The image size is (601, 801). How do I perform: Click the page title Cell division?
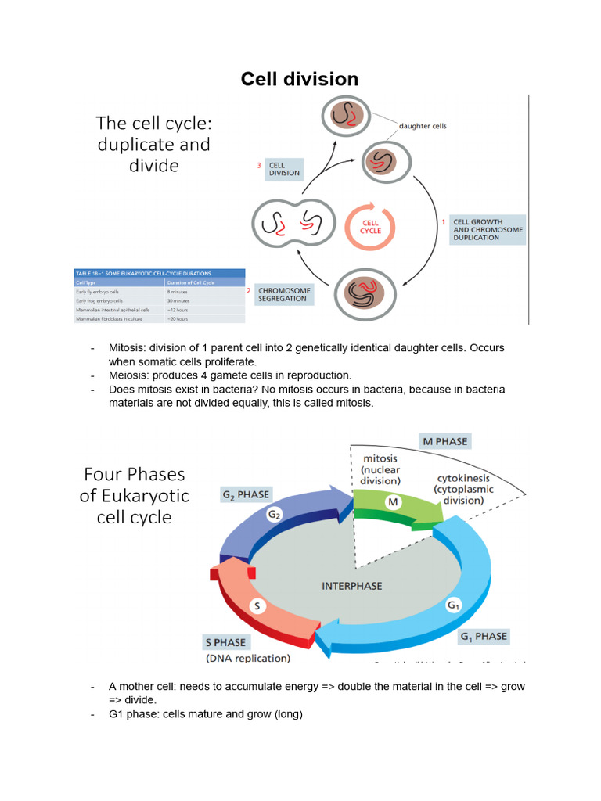point(300,79)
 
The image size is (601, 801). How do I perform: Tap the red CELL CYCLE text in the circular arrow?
point(370,226)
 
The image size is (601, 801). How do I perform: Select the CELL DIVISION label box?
point(283,169)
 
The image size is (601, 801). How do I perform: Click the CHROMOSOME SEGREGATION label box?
point(283,295)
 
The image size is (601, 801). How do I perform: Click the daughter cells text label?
point(423,125)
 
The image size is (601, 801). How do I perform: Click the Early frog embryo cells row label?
point(102,300)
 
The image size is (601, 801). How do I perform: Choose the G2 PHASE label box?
point(246,494)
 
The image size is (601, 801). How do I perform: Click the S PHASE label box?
point(225,642)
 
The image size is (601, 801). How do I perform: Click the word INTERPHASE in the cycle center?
point(350,585)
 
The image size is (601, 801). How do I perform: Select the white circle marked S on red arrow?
point(258,605)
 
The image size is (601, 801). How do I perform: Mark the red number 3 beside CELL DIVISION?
point(259,165)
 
